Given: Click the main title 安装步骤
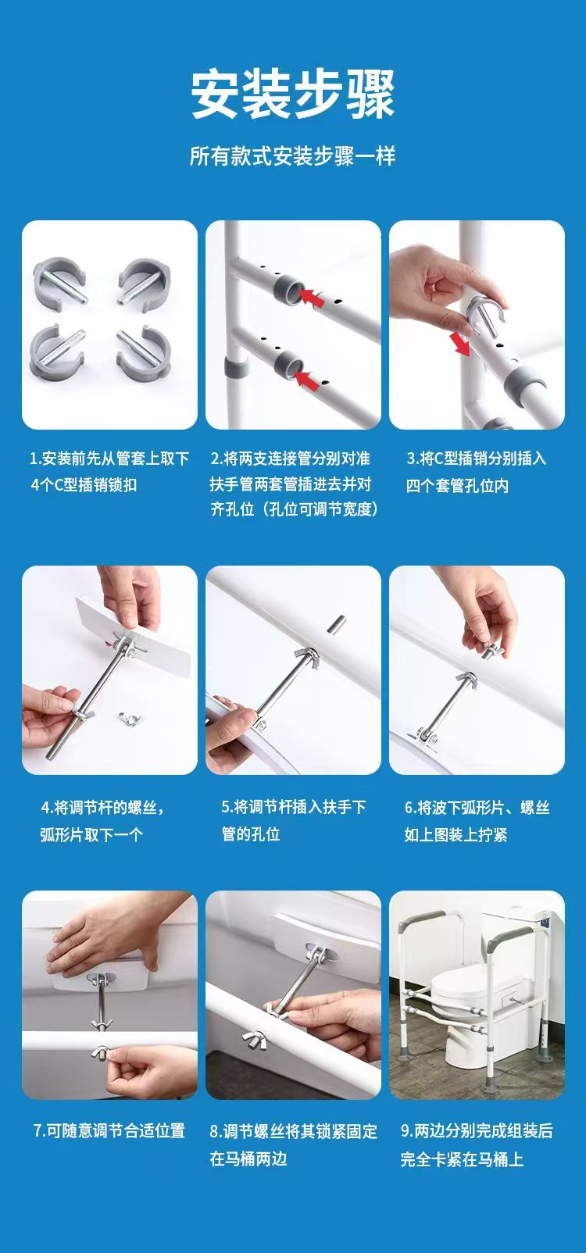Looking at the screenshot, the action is point(293,94).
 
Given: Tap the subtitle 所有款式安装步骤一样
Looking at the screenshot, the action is point(293,156).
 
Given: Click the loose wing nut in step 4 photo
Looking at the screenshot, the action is point(131,716).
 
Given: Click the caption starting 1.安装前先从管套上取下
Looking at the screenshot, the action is point(109,459).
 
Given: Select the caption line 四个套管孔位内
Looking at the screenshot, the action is point(457,486).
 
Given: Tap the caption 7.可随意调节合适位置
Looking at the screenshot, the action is point(109,1130).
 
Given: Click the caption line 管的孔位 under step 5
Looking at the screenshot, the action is point(251,834).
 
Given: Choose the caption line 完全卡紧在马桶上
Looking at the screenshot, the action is point(463,1158).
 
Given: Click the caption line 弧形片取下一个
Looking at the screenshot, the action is point(91,834).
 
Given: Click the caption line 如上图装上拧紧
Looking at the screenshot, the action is point(456,834).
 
